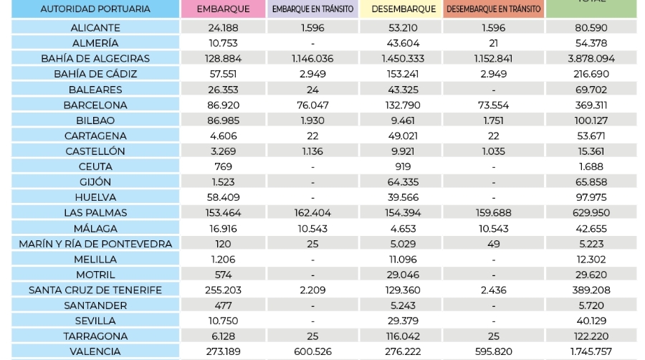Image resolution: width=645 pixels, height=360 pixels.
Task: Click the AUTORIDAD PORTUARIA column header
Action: (x=95, y=9)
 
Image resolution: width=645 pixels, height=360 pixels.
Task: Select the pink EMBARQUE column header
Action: (x=222, y=9)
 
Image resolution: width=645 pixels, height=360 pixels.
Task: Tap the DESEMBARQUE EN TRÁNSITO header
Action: (x=493, y=9)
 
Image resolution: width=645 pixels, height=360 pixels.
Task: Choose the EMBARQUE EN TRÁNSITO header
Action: (x=312, y=9)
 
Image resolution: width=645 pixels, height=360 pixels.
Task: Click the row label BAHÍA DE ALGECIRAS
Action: (x=95, y=58)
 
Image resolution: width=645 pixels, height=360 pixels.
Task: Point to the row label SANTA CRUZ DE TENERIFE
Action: (x=95, y=290)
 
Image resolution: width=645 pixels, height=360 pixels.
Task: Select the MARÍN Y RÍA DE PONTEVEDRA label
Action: (x=95, y=244)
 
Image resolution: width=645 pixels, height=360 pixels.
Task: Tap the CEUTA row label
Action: (x=95, y=166)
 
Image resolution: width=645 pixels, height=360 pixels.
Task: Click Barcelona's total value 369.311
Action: (x=591, y=105)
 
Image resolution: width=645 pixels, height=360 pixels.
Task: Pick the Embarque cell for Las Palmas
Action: (x=222, y=213)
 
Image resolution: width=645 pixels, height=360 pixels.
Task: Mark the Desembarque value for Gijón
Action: (x=401, y=182)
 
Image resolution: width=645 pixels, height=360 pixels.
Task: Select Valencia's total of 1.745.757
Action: (x=591, y=351)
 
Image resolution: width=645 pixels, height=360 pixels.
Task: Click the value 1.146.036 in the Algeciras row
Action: (x=312, y=58)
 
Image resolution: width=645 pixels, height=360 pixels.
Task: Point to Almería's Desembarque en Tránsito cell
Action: (x=493, y=43)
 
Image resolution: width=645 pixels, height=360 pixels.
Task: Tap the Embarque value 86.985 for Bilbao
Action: (x=222, y=120)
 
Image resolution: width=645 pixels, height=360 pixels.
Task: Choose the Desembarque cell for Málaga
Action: (x=401, y=229)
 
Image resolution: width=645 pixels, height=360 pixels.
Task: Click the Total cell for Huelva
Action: (x=591, y=197)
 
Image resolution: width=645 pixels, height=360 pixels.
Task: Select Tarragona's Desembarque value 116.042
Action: (x=401, y=336)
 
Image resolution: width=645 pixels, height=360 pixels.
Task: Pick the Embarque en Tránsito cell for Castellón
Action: (x=312, y=151)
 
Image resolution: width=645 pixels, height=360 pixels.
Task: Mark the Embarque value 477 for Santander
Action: (x=222, y=305)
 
